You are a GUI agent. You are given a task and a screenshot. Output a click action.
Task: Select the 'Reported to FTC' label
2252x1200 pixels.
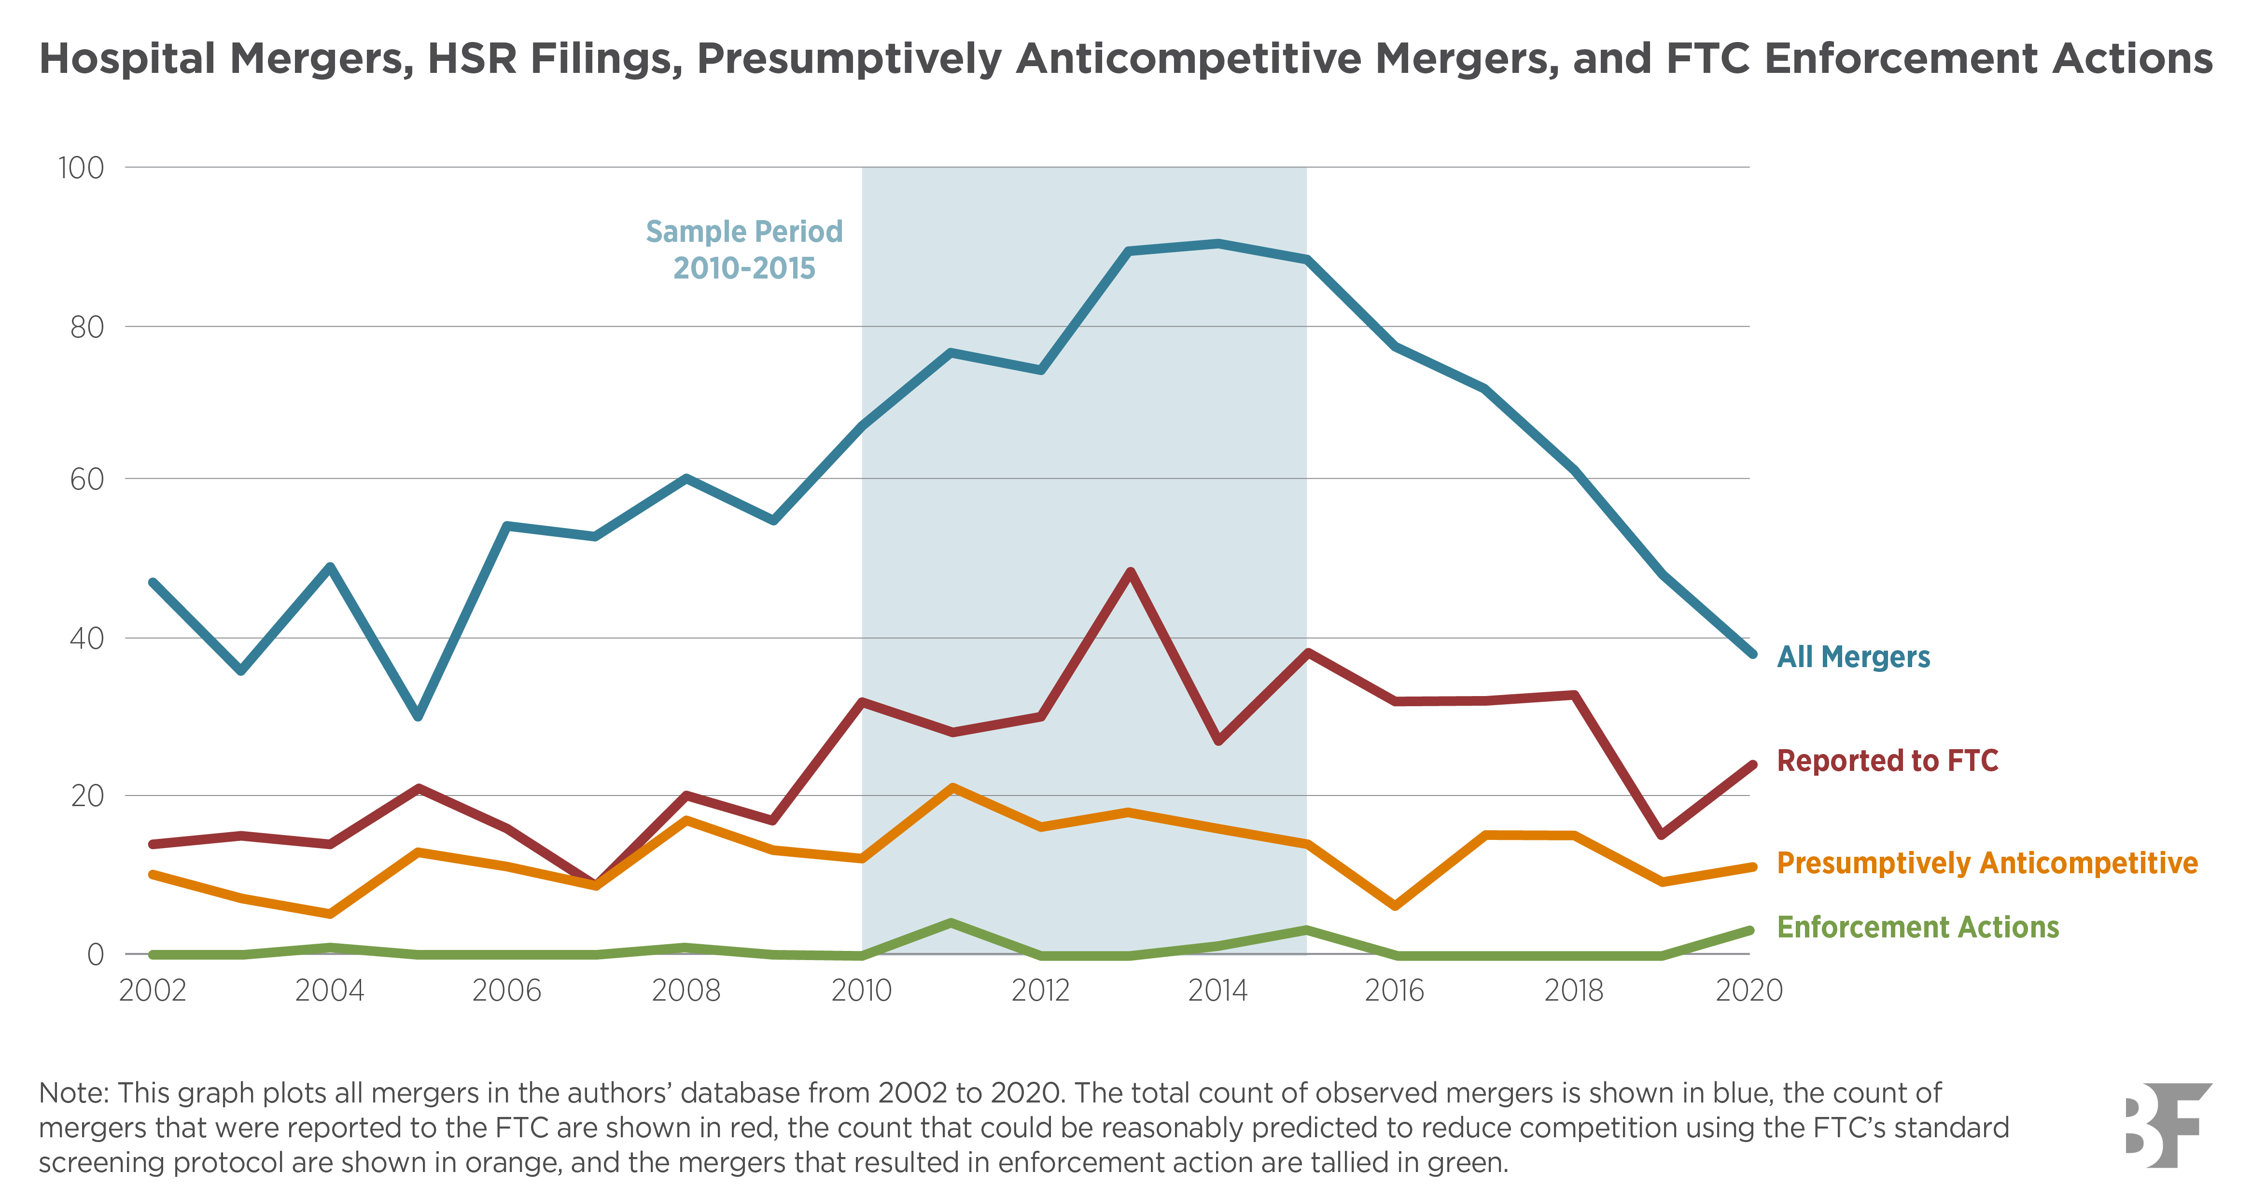[x=1887, y=760]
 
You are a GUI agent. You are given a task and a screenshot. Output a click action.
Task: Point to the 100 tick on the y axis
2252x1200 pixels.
[x=81, y=168]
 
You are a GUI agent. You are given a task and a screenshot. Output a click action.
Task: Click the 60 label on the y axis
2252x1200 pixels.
[x=86, y=479]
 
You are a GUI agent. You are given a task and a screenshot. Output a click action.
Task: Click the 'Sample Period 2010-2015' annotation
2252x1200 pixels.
[x=744, y=249]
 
